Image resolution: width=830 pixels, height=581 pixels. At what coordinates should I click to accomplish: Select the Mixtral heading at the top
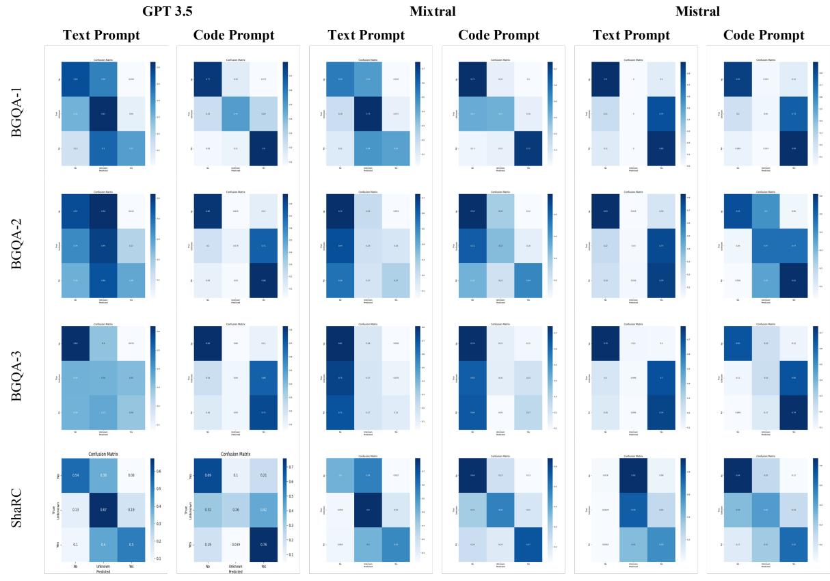432,11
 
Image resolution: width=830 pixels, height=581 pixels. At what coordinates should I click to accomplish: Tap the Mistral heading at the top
697,11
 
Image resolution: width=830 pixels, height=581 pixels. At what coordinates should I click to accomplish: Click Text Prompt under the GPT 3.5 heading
101,35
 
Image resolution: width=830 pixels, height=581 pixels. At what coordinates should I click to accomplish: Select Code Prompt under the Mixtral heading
498,35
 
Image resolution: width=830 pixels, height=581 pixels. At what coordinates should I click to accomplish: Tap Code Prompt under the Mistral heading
764,35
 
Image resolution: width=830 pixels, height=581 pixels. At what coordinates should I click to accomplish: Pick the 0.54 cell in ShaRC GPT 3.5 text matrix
76,474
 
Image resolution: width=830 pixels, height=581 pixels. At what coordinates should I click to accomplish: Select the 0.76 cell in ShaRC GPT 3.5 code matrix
263,545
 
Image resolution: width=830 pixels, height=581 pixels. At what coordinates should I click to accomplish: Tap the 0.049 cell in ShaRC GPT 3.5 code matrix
235,545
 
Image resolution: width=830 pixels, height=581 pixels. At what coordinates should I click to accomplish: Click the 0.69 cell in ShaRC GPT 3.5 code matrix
208,474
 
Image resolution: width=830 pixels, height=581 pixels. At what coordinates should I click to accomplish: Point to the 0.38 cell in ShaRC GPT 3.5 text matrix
103,474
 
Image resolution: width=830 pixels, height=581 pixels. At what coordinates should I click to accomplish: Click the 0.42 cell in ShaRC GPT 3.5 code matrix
263,510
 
